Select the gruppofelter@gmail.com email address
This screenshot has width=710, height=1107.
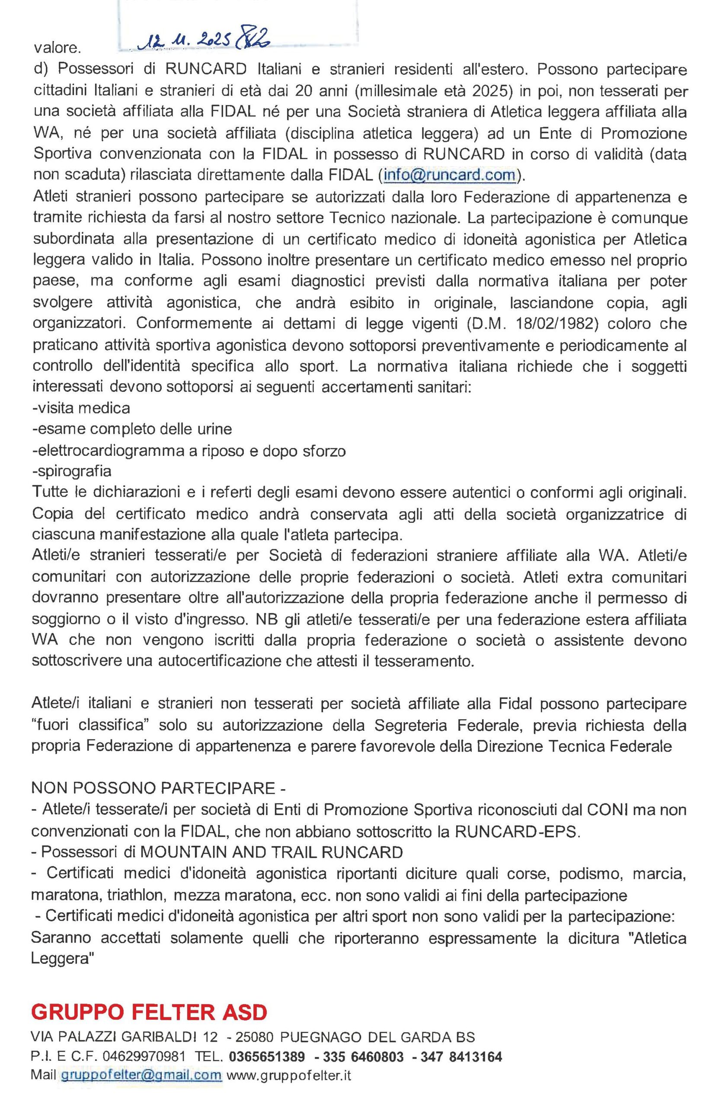[x=141, y=1075]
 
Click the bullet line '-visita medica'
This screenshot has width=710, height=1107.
[x=81, y=408]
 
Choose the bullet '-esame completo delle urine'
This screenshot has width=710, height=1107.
[x=132, y=429]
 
